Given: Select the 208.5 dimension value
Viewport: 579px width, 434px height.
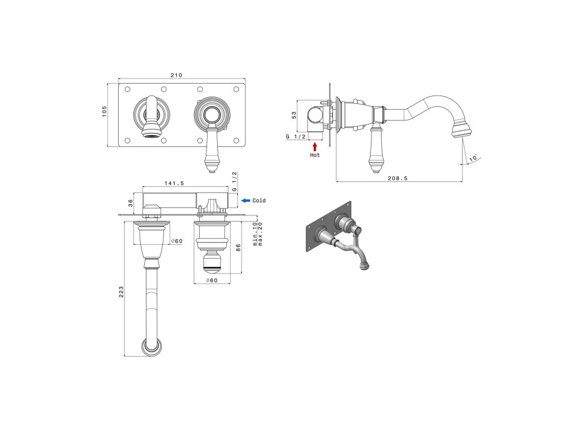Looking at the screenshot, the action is pos(398,178).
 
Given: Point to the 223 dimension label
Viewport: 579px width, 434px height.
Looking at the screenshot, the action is pos(121,292).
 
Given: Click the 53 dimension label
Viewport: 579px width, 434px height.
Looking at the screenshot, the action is pos(294,115).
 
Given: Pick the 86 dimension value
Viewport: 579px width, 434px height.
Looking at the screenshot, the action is pos(239,247).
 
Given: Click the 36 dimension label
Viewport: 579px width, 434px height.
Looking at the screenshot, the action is pos(130,202).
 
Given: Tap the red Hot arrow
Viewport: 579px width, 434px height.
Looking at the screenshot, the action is pos(315,146).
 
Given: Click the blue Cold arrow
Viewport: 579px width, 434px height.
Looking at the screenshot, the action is pos(245,201).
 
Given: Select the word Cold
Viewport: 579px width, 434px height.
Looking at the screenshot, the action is pos(259,201).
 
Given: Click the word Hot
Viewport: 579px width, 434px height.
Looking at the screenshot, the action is pos(315,155).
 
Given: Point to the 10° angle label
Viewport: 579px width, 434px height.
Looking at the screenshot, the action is pos(473,157).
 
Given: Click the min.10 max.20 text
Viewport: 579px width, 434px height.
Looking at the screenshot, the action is pos(258,232).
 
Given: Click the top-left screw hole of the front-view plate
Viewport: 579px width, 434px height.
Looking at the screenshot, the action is pos(127,89).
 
